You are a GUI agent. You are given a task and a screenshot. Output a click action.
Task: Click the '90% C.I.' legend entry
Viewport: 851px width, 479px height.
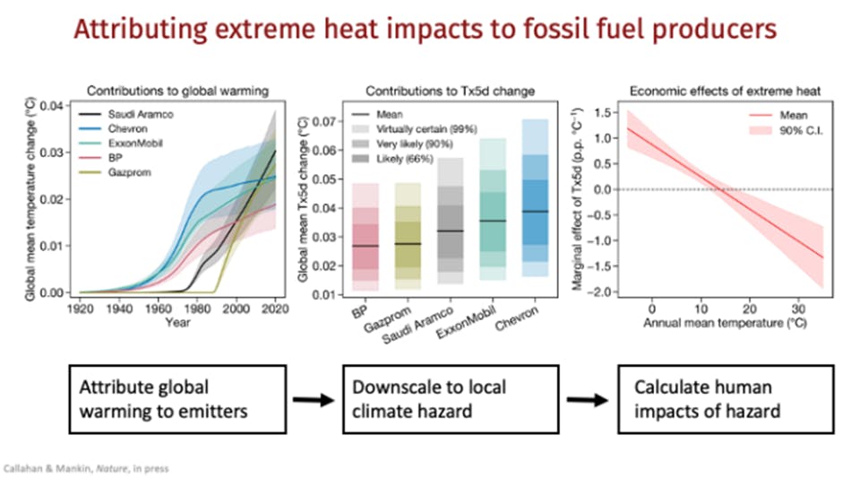782,132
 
